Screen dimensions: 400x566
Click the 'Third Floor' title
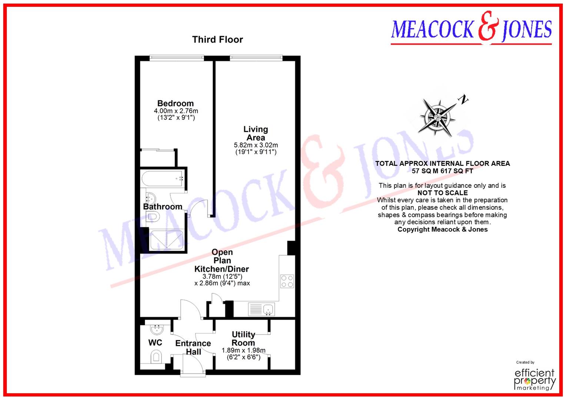pos(217,40)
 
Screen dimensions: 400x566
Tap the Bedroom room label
pos(176,103)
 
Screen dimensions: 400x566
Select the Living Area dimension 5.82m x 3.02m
pos(256,145)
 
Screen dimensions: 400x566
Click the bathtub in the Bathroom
pos(162,178)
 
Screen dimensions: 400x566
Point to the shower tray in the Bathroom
pos(166,240)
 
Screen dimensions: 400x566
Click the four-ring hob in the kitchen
pos(287,281)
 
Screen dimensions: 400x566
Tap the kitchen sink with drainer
pos(262,309)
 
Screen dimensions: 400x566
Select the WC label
pos(155,343)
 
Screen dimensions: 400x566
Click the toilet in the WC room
pos(157,357)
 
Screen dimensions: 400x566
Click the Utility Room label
pos(243,339)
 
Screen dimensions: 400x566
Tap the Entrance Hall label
pos(193,347)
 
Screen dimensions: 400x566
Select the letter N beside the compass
pos(463,99)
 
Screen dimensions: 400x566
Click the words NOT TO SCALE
pos(442,193)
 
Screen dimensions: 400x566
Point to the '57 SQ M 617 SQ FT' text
pos(442,171)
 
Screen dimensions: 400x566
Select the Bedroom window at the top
pos(177,57)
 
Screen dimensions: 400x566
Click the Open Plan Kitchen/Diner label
pos(222,260)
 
